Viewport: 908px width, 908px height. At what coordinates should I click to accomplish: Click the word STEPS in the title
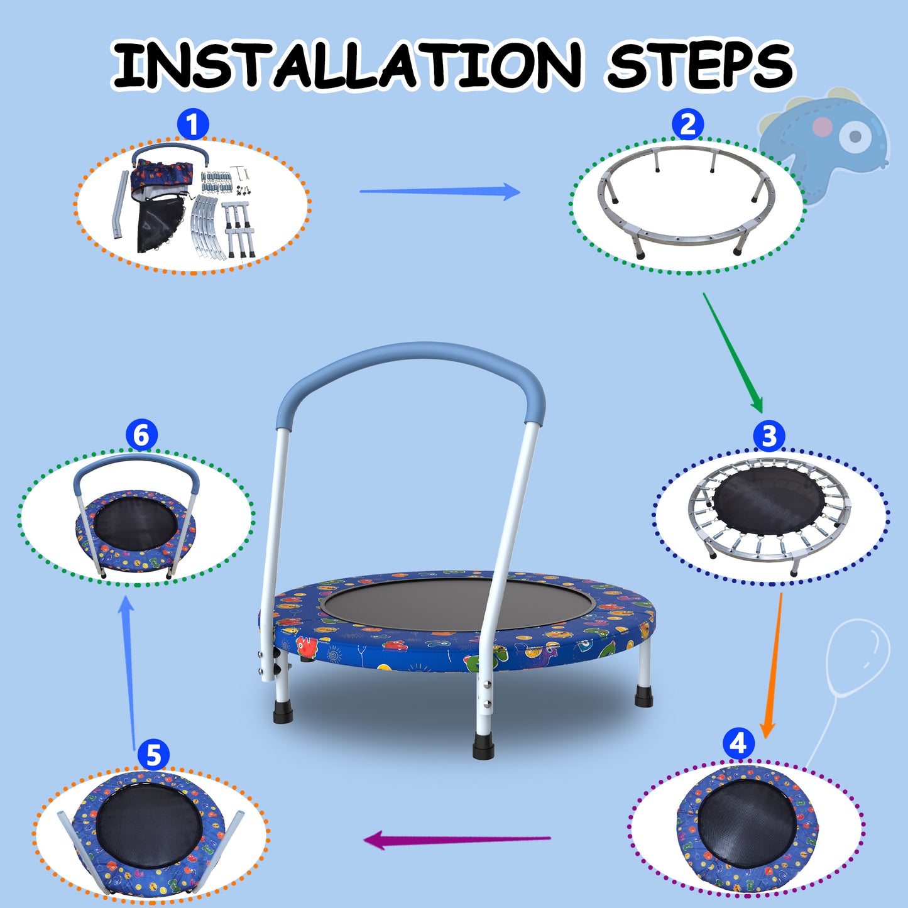(x=699, y=65)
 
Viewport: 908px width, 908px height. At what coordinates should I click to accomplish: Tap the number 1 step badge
(x=192, y=124)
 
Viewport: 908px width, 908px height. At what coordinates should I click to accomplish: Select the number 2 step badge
(x=687, y=124)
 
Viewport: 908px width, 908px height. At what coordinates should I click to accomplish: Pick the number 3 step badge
(x=769, y=436)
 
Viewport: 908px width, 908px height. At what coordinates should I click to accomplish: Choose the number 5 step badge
(x=153, y=755)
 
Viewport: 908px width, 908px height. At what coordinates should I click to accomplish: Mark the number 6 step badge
(x=141, y=435)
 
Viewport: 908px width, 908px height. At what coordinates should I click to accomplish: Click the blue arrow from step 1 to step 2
(x=440, y=191)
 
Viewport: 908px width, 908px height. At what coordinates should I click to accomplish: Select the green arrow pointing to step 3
(x=733, y=352)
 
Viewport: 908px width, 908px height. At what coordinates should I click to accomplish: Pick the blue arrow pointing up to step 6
(x=129, y=672)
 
